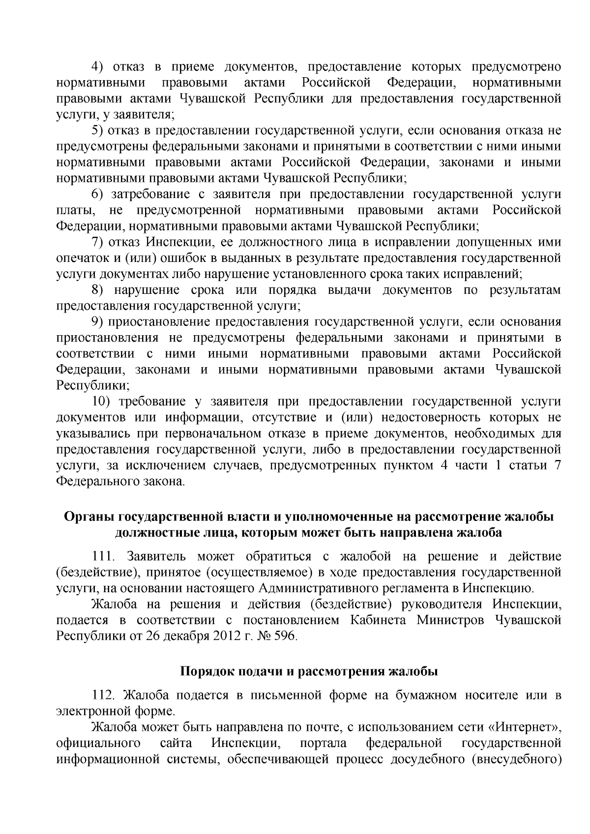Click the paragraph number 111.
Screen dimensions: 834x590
point(104,557)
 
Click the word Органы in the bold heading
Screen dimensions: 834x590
point(89,518)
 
